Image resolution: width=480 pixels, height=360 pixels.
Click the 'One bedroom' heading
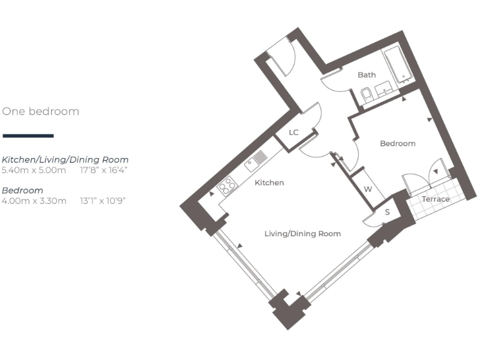[x=41, y=111]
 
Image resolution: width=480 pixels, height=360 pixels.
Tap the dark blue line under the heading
[x=28, y=136]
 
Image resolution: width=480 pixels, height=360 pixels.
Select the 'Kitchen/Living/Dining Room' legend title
[x=65, y=160]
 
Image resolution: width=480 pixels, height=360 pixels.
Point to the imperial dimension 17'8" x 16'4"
[x=104, y=169]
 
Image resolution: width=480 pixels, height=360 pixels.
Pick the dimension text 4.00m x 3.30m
[x=34, y=201]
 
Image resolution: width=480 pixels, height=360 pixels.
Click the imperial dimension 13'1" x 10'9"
[x=103, y=201]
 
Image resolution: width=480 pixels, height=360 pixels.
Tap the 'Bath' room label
[x=367, y=75]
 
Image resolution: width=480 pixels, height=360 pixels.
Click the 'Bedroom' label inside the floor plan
[x=397, y=144]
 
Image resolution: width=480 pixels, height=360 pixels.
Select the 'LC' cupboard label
[x=294, y=132]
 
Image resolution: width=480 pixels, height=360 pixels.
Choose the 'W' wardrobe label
[x=368, y=189]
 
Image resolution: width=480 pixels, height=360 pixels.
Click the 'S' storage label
[x=387, y=212]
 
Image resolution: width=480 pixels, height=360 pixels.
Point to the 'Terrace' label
[x=436, y=199]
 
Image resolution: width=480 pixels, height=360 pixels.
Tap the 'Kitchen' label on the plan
[x=269, y=183]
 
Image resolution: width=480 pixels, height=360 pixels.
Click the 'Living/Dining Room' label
[x=302, y=234]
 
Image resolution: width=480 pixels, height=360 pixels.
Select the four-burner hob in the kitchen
[x=227, y=184]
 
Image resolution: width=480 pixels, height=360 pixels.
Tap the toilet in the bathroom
[x=367, y=95]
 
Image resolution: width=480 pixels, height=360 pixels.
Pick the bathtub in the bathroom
[x=396, y=64]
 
